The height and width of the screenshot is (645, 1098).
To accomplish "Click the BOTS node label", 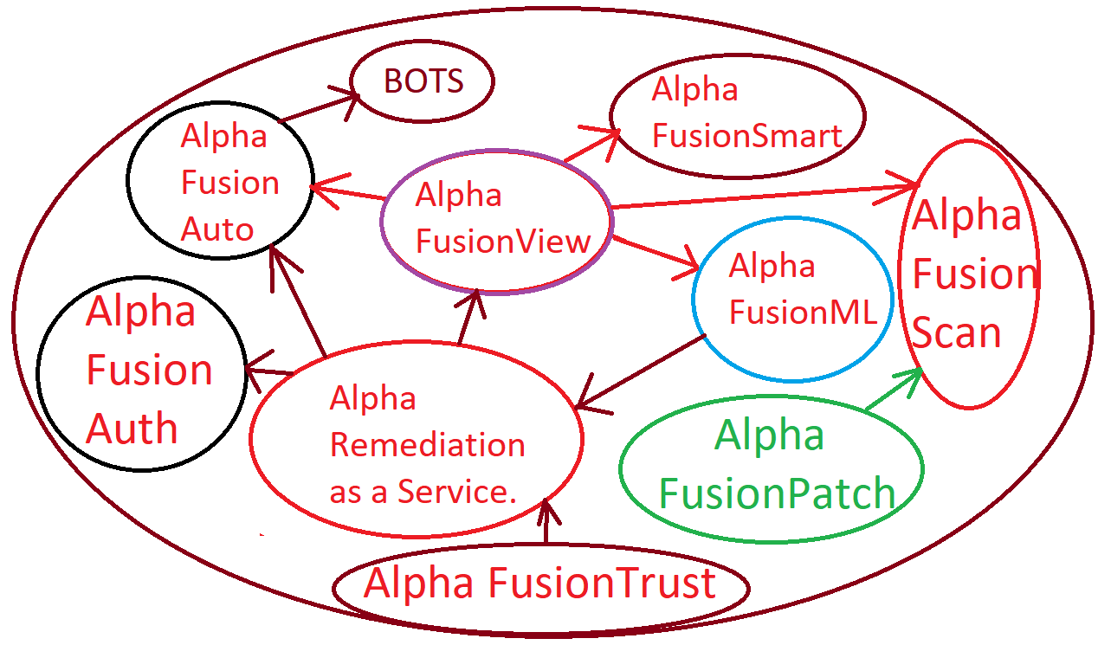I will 423,81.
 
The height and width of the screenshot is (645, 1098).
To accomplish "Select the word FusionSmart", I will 746,136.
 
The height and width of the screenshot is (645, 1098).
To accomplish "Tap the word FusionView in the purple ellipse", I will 502,242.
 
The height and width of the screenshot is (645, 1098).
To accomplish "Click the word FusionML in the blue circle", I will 803,312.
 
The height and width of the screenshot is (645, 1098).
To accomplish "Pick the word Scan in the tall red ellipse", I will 957,333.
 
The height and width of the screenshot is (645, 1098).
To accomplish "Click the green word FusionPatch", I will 777,493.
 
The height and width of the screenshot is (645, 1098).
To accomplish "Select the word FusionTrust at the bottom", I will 602,584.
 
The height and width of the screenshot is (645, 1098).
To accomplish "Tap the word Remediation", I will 428,445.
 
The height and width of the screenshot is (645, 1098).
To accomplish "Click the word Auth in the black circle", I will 132,429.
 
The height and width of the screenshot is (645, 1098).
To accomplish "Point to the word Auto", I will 217,229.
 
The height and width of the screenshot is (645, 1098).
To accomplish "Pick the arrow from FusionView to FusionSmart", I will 592,145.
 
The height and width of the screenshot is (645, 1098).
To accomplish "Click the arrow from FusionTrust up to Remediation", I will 546,524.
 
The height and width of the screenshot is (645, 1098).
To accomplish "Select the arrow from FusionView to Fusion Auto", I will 347,191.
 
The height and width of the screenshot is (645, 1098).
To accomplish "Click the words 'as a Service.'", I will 423,492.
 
